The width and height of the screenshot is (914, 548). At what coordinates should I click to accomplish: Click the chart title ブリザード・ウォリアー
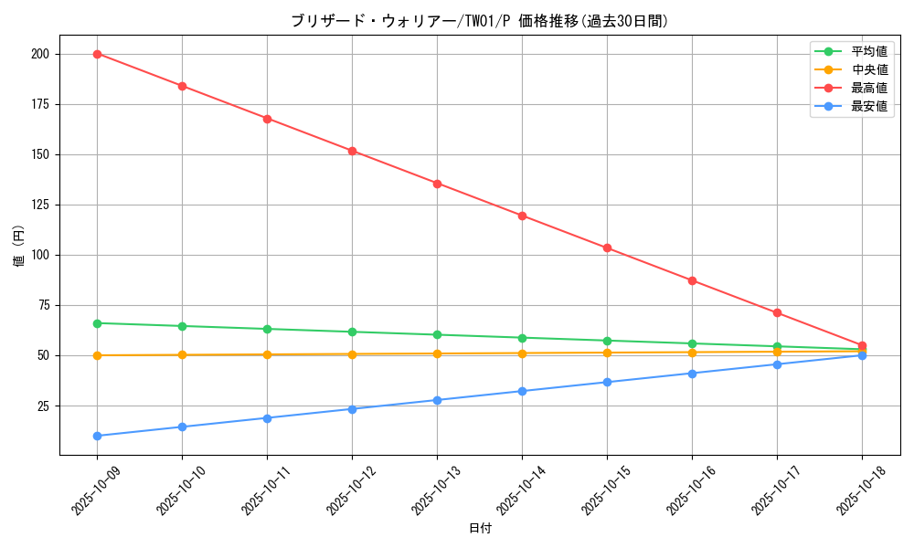point(479,21)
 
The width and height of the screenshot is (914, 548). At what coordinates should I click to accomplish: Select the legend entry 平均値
point(868,51)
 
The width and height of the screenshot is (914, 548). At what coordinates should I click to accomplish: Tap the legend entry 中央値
point(868,69)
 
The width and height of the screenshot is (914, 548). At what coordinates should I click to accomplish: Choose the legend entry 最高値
point(868,88)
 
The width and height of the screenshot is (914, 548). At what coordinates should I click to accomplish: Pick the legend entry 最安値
point(868,106)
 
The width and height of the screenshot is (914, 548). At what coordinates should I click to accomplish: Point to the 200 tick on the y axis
point(39,54)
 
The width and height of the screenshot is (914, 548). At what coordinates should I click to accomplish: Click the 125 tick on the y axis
point(39,205)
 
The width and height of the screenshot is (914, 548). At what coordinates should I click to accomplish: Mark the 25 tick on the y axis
point(42,406)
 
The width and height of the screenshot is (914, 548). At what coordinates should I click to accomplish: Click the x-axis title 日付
point(479,529)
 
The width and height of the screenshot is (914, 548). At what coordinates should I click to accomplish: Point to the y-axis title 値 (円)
point(19,246)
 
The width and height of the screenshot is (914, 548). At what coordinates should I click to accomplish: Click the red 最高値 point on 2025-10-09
point(97,54)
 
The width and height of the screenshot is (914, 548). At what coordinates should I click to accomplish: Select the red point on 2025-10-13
point(437,184)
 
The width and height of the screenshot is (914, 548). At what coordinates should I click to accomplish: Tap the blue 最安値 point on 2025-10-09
point(97,436)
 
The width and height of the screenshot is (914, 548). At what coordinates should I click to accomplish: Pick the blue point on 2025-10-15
point(607,382)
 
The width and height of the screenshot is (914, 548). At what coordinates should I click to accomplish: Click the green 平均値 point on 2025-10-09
point(97,323)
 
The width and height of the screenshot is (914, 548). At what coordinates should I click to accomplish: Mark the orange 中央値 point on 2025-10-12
point(352,354)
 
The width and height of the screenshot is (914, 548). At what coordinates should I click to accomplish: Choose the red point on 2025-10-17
point(777,312)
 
